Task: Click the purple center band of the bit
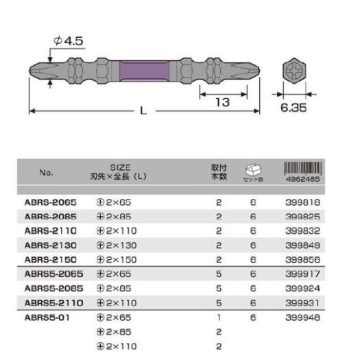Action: pos(144,71)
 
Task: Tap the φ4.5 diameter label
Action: pos(68,41)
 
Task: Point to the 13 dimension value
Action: pos(223,102)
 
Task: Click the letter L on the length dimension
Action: pos(143,111)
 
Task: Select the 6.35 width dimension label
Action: pos(293,108)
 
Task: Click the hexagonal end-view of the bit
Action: pos(294,71)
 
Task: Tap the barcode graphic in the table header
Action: pos(303,168)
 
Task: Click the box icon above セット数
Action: pos(253,169)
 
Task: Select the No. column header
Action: pos(46,172)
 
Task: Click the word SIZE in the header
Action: pos(120,167)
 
